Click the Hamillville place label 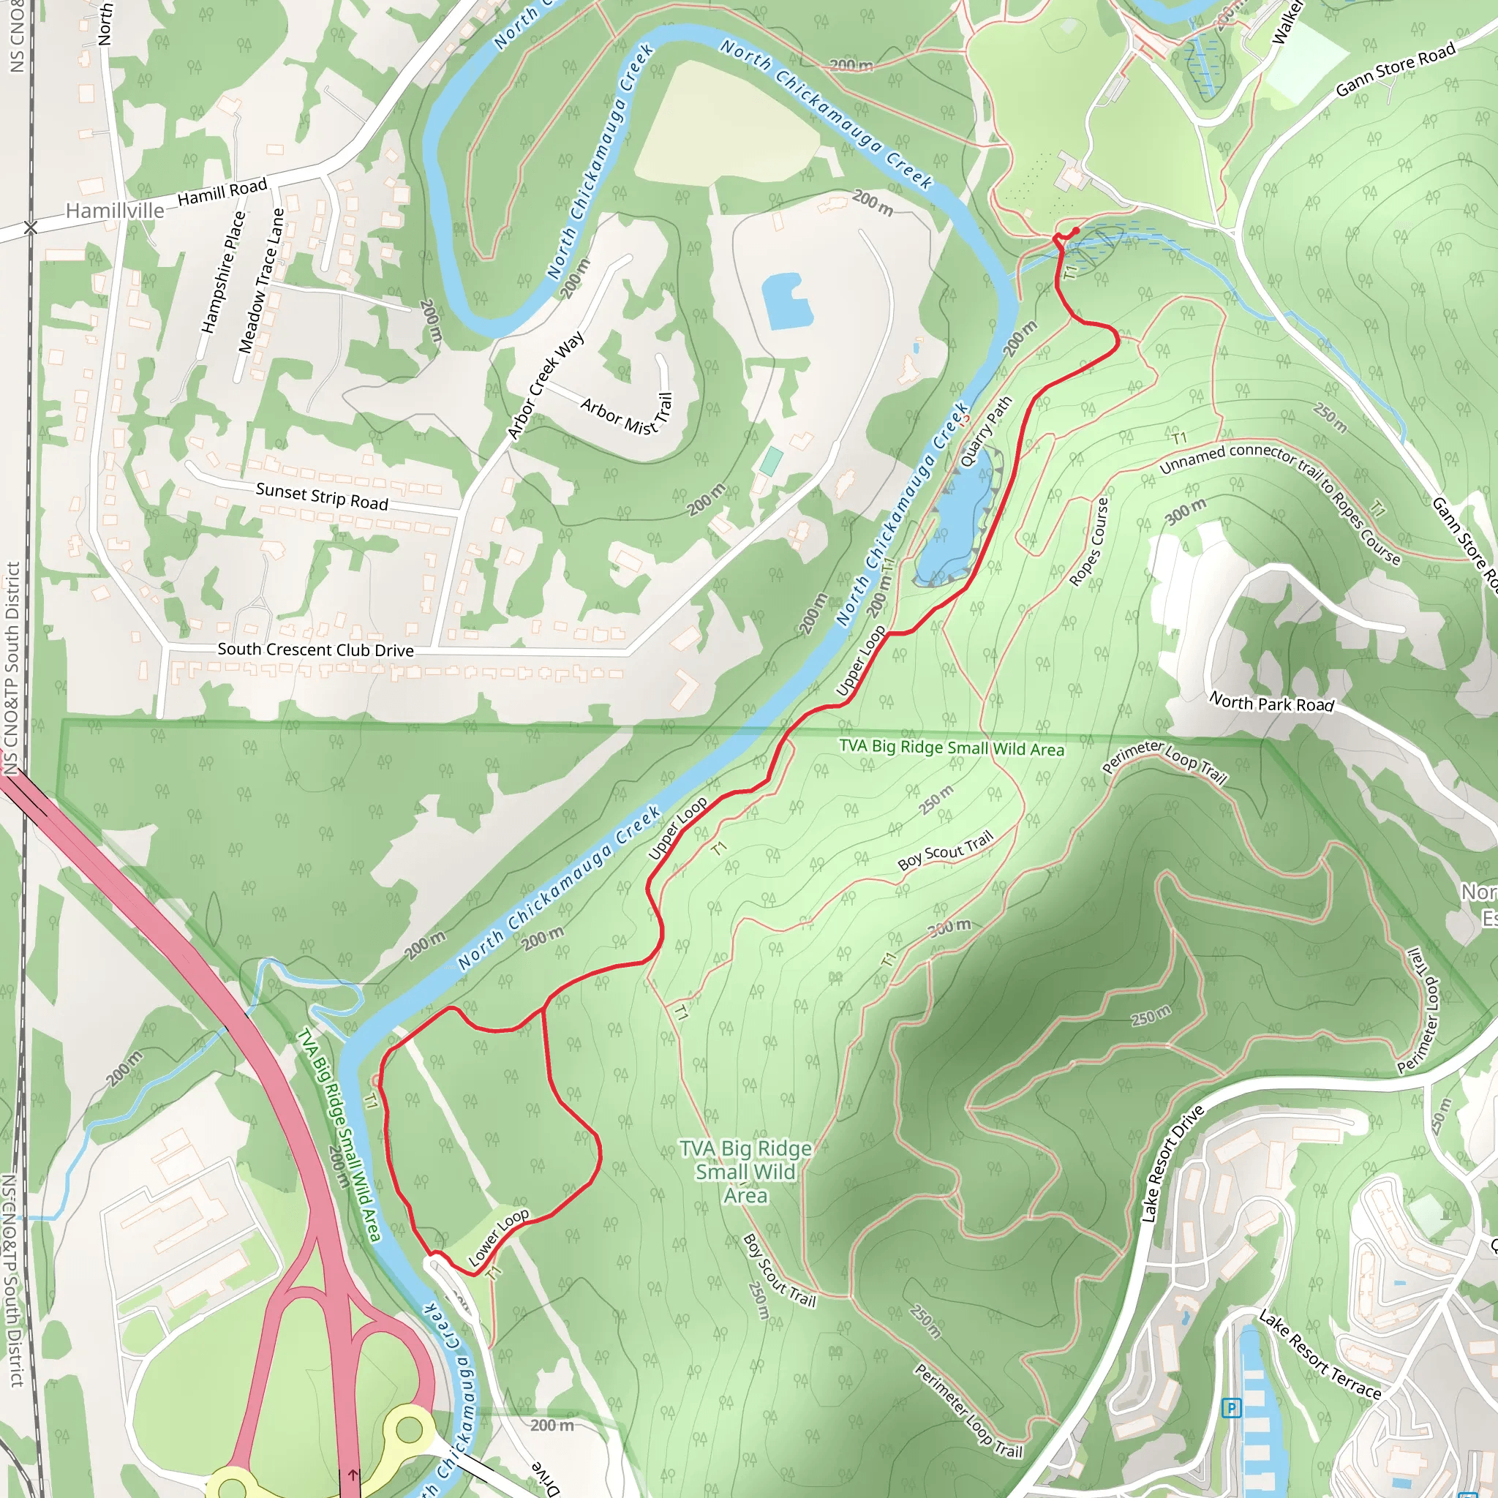[115, 211]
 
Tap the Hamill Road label [222, 191]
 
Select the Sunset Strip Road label [322, 496]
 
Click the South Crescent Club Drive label [315, 650]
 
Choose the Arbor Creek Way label [546, 385]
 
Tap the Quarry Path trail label [986, 432]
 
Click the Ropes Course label [1089, 541]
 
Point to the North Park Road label [1271, 703]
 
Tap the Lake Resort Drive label [1173, 1164]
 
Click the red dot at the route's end [1075, 231]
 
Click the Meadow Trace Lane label [261, 281]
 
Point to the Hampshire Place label [223, 273]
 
